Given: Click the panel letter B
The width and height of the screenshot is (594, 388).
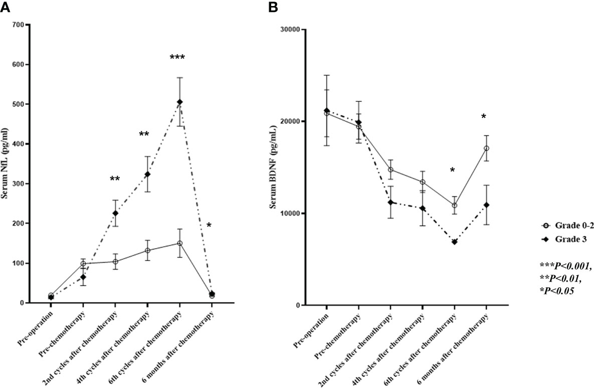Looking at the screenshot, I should pos(273,7).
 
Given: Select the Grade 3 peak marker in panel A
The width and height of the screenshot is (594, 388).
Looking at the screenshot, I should pos(179,102).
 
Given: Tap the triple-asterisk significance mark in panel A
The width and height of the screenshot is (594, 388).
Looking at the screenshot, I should pos(177,58).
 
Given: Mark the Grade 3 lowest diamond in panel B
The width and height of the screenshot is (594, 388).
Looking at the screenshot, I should pos(455,242).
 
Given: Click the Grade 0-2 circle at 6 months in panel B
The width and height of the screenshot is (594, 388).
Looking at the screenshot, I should pos(486,148).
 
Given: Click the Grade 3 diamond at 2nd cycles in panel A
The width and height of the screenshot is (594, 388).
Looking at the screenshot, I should pos(115,214).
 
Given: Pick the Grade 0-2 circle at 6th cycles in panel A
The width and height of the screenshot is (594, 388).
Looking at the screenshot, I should pos(179,243).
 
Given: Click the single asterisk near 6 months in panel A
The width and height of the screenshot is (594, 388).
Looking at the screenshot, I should pos(209,226).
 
